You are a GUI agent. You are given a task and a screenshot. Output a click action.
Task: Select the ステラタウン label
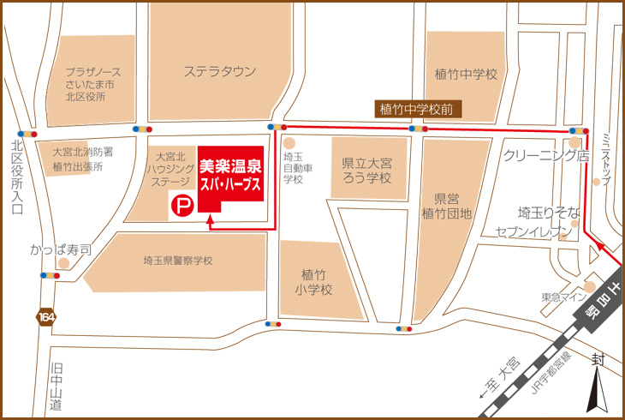(x=220, y=72)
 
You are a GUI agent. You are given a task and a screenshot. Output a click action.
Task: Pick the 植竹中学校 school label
(x=466, y=75)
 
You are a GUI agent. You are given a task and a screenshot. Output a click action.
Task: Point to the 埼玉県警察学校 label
(x=178, y=261)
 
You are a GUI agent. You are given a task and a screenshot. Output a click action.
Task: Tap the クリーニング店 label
(x=547, y=156)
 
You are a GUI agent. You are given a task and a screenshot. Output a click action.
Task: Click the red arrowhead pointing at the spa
(x=210, y=220)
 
